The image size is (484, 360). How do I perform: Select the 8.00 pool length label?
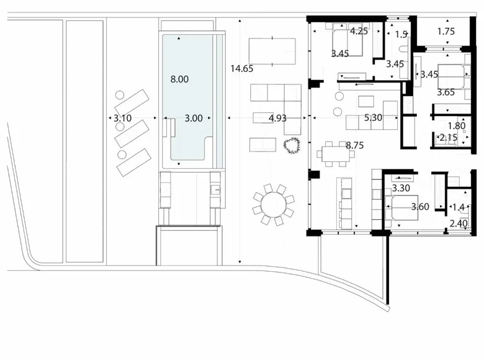[x=179, y=79]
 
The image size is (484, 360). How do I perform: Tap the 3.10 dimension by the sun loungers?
[x=123, y=117]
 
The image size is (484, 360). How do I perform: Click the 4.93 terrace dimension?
[x=277, y=117]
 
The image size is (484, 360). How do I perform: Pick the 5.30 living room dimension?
[x=373, y=117]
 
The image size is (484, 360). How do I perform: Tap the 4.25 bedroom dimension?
[x=359, y=31]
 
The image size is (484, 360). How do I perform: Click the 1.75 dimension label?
[x=446, y=32]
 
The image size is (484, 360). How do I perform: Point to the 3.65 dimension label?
[x=446, y=92]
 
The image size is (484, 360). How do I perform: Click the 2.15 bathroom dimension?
[x=448, y=138]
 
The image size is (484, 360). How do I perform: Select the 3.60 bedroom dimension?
[x=419, y=207]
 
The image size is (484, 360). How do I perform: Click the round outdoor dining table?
[x=273, y=204]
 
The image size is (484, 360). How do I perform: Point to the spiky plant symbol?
[x=292, y=146]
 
